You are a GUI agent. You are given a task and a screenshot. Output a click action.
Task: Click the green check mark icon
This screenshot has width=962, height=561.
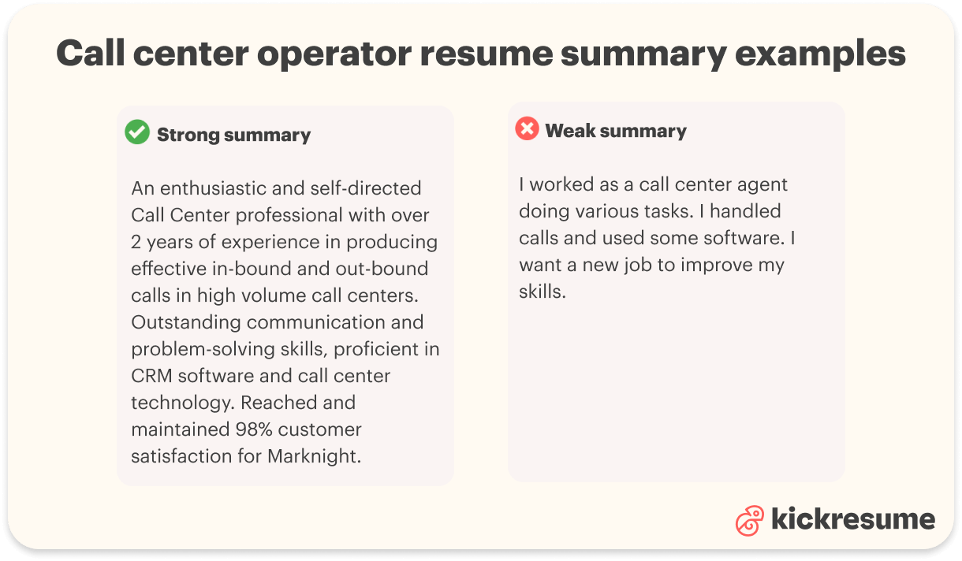[137, 132]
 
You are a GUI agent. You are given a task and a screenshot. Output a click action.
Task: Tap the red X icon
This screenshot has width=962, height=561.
[527, 128]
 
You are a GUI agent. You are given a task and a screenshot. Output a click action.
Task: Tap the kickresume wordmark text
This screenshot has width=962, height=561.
[852, 519]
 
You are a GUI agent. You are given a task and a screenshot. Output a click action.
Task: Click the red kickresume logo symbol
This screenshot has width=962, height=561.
[750, 520]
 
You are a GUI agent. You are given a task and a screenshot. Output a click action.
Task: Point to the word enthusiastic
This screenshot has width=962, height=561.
[208, 188]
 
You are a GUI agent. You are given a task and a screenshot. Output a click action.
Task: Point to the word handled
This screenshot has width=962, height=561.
[746, 211]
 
